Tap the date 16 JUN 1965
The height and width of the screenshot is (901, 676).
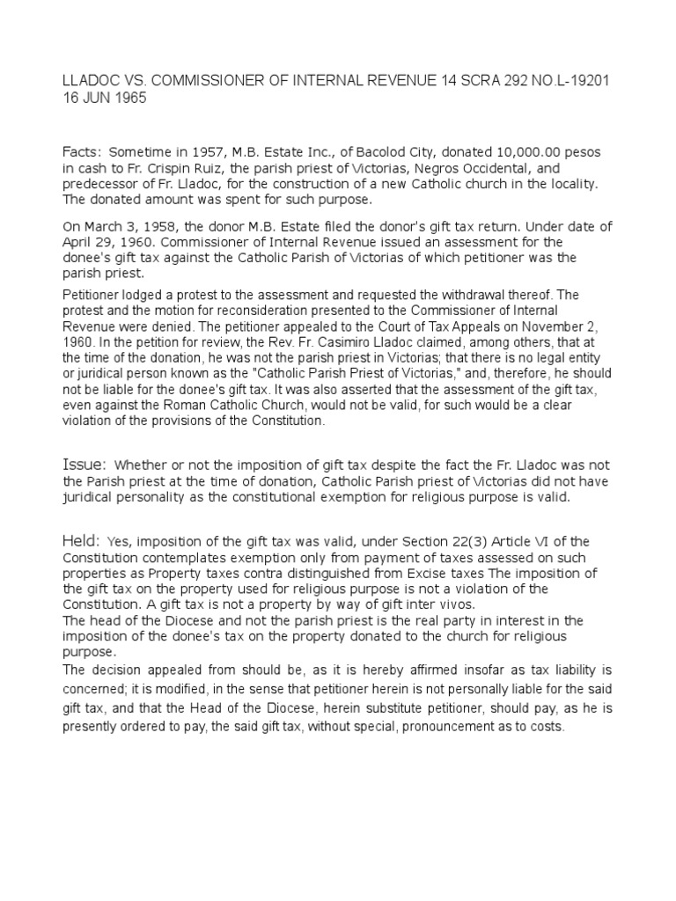point(104,99)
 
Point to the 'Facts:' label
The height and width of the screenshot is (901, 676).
point(81,151)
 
